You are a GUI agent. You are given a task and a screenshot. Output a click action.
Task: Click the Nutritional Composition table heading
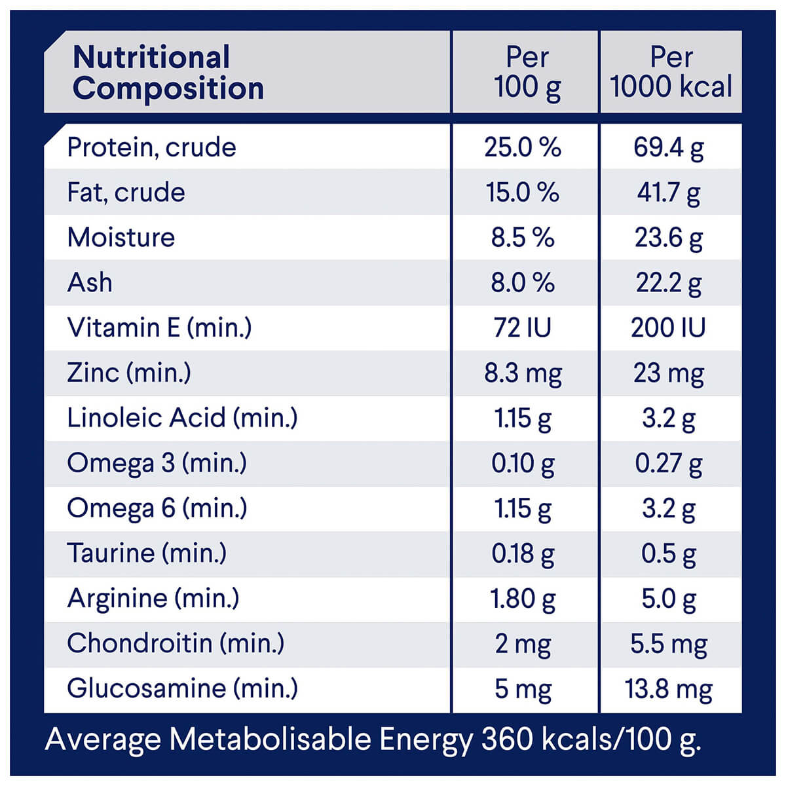pos(168,73)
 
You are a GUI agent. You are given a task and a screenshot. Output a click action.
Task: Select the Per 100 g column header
pos(527,73)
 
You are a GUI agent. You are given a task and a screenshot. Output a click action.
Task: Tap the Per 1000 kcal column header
pos(671,73)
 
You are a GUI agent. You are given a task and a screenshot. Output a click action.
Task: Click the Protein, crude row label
pos(151,147)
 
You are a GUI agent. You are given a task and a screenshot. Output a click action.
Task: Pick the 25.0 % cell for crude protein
pos(523,147)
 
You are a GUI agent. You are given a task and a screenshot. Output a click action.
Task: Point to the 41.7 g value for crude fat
pos(669,193)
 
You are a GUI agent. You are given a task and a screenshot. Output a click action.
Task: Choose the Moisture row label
pos(121,237)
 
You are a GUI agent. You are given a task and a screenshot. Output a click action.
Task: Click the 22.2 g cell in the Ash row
pos(669,283)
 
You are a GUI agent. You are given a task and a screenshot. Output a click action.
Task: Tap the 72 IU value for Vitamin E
pos(523,327)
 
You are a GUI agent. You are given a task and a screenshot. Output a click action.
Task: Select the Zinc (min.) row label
pos(129,373)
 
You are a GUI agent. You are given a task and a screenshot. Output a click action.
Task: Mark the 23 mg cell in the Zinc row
pos(669,373)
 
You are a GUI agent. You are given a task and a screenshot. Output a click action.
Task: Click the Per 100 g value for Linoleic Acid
pos(523,419)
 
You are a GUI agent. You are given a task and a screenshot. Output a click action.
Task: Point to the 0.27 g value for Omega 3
pos(669,464)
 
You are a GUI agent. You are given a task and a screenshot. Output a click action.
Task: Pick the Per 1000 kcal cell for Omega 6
pos(669,509)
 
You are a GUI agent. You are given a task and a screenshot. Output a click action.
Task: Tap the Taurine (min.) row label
pos(147,553)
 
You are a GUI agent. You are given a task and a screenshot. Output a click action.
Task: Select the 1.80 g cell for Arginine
pos(523,599)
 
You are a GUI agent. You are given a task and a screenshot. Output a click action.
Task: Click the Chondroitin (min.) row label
pos(176,643)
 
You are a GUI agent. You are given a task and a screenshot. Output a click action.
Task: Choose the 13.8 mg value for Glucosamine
pos(669,689)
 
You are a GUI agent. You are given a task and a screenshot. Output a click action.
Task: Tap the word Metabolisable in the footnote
pos(271,739)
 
